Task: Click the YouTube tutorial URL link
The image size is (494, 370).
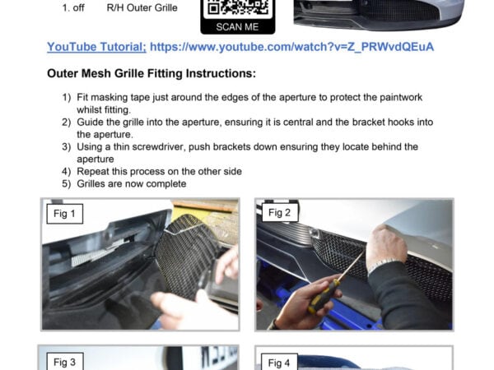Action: click(293, 47)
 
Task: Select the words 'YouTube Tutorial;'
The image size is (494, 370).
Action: click(97, 47)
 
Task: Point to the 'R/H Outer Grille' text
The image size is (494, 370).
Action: click(142, 7)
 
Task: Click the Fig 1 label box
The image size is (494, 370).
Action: click(63, 215)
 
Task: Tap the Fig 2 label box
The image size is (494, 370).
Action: click(280, 213)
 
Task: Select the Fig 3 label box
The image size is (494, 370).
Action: click(64, 363)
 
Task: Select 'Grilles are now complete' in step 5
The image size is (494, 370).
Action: click(132, 183)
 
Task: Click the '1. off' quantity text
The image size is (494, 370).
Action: click(76, 7)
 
